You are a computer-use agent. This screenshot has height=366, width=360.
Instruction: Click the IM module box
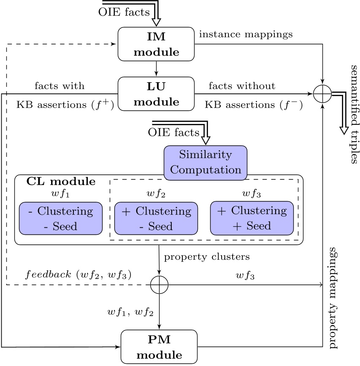click(157, 43)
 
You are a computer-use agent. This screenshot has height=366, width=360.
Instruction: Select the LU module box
click(157, 93)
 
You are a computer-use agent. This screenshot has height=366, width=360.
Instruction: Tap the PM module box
click(159, 346)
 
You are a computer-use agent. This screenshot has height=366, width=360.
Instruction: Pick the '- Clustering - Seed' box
click(61, 218)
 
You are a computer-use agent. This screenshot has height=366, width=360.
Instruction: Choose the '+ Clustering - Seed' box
click(156, 218)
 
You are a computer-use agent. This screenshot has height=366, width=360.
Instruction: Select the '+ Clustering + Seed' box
click(252, 218)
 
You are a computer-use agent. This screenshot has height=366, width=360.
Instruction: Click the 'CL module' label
click(61, 182)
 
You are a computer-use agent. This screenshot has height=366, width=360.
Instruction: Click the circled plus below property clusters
click(159, 285)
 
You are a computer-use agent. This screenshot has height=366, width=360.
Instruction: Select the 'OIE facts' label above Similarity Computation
click(173, 132)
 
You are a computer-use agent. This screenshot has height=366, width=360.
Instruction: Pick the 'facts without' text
click(242, 86)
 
